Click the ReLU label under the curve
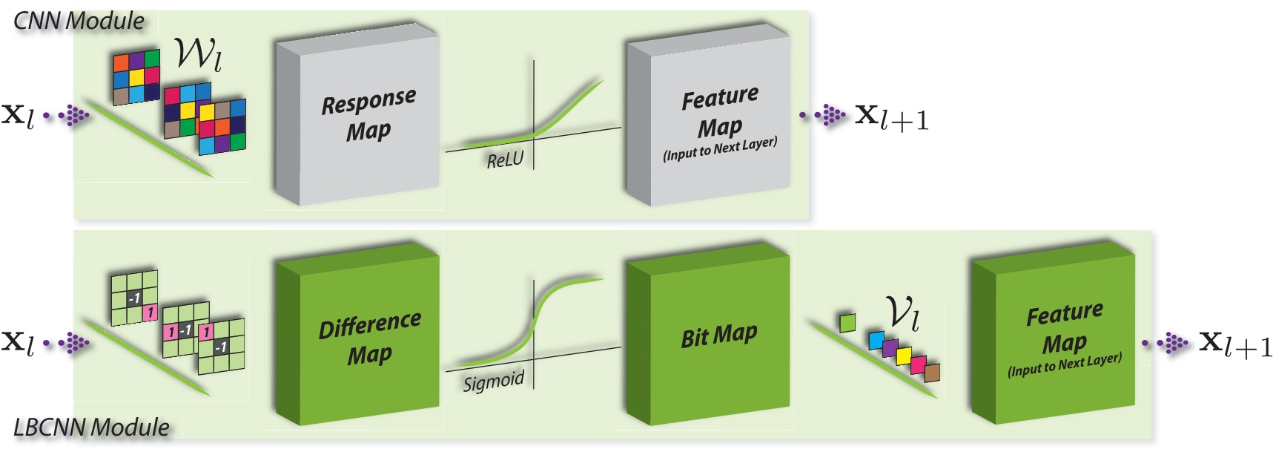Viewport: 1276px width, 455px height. [505, 160]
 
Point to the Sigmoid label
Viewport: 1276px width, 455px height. [493, 382]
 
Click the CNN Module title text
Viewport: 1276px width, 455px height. [79, 21]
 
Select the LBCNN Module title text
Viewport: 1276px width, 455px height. [91, 428]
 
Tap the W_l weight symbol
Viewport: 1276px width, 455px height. [197, 53]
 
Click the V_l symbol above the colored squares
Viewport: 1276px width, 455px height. [903, 312]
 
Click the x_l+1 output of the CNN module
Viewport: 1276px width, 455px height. [891, 117]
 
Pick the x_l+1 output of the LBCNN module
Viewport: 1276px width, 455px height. [1235, 344]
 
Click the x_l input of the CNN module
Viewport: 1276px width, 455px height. [18, 116]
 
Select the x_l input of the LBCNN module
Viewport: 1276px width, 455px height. [18, 343]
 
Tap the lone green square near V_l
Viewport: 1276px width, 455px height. [847, 322]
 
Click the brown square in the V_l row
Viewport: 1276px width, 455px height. [932, 372]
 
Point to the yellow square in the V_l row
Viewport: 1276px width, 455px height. [904, 356]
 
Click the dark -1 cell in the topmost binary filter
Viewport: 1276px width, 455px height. [133, 298]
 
